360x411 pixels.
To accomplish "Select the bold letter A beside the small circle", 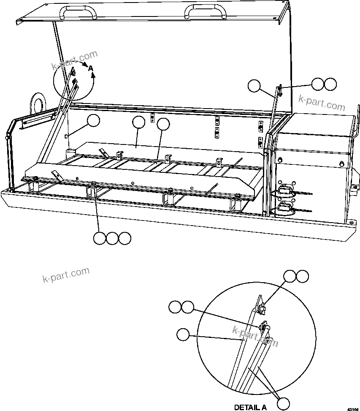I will (x=91, y=68).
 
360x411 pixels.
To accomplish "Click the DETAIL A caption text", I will (x=250, y=407).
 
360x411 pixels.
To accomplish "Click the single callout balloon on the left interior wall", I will (x=94, y=121).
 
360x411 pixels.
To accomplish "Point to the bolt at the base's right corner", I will (x=351, y=222).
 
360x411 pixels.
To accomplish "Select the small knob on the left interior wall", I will (x=66, y=136).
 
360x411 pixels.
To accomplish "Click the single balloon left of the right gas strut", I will (x=254, y=86).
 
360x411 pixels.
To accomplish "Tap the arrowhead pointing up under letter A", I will (x=94, y=75).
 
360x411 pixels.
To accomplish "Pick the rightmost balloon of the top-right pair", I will (x=330, y=84).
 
